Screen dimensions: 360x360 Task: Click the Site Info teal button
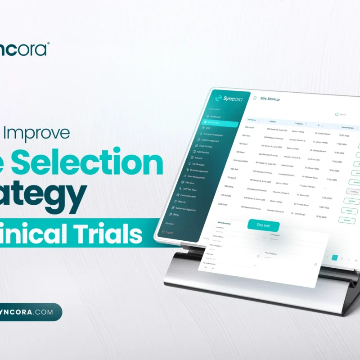click(x=263, y=226)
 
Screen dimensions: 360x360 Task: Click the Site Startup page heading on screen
click(x=270, y=99)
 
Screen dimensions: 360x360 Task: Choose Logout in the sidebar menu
click(x=170, y=232)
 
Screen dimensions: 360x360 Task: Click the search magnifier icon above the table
click(x=336, y=115)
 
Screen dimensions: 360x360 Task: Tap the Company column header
click(x=299, y=123)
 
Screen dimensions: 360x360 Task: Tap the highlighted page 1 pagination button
click(x=334, y=258)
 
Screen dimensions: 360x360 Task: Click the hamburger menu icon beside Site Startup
click(x=255, y=98)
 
